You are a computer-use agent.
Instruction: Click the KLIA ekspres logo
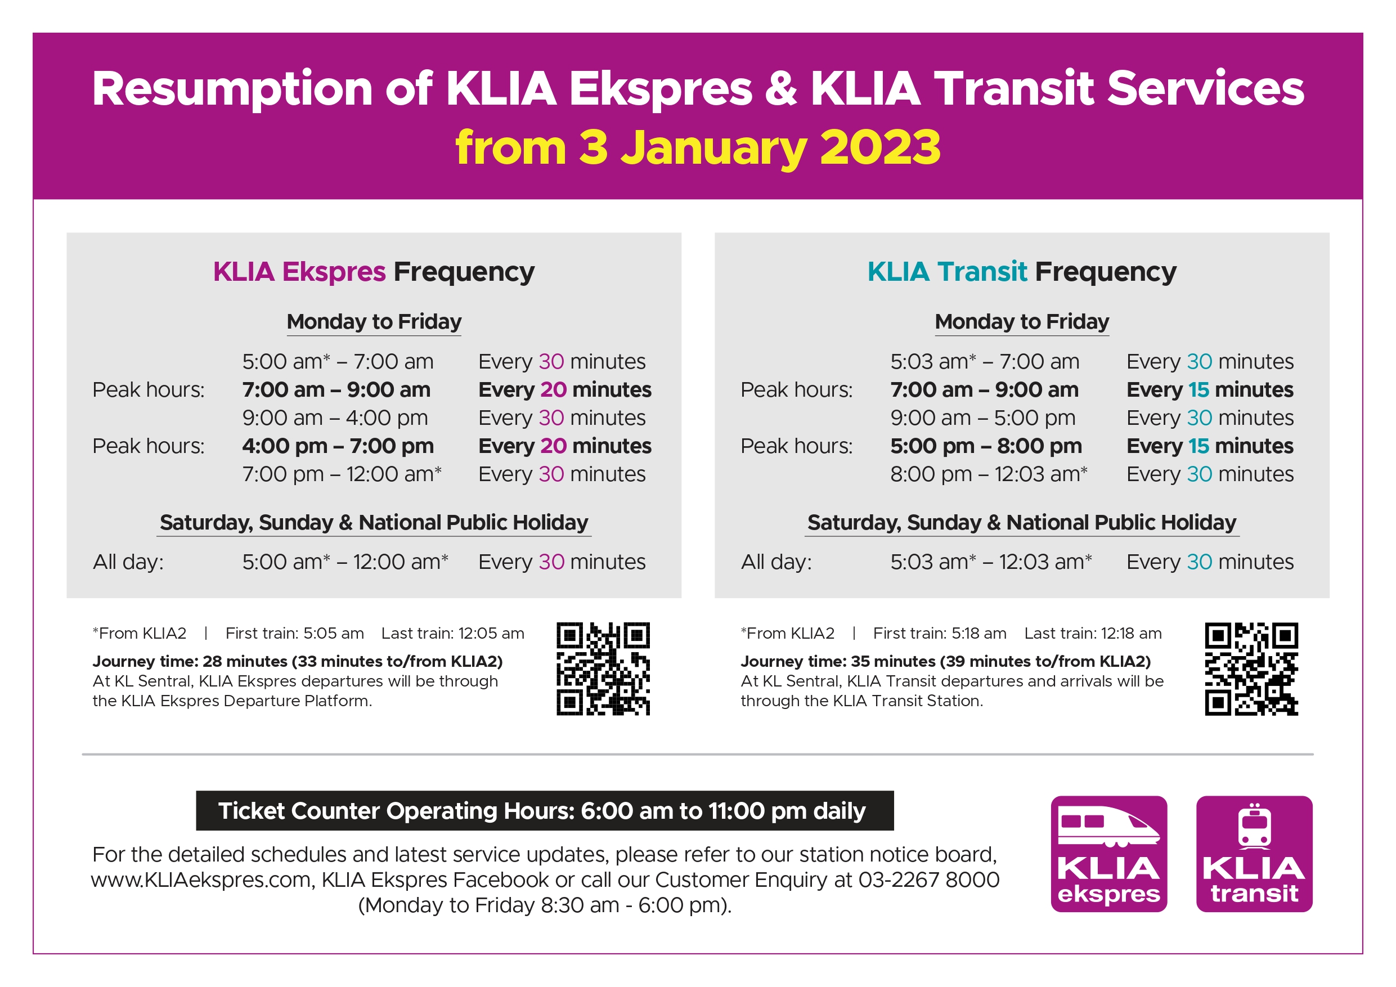pyautogui.click(x=1108, y=854)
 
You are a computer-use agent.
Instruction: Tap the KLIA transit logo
pyautogui.click(x=1254, y=854)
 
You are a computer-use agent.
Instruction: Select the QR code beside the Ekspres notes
pyautogui.click(x=603, y=669)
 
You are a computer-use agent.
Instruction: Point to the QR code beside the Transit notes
pyautogui.click(x=1251, y=669)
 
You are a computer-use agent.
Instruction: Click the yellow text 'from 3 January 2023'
pyautogui.click(x=698, y=148)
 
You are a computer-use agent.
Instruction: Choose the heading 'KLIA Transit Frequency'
pyautogui.click(x=1022, y=272)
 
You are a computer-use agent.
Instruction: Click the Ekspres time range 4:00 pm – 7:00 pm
pyautogui.click(x=338, y=446)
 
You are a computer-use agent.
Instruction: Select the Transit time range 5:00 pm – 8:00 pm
pyautogui.click(x=986, y=446)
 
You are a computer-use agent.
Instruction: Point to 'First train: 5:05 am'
pyautogui.click(x=295, y=634)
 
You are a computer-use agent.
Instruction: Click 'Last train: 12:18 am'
pyautogui.click(x=1093, y=634)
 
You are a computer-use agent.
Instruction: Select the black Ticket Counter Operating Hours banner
pyautogui.click(x=545, y=811)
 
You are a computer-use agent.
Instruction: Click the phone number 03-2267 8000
pyautogui.click(x=929, y=880)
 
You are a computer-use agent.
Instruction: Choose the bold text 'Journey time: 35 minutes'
pyautogui.click(x=838, y=662)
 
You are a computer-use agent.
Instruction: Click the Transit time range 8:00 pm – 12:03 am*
pyautogui.click(x=989, y=474)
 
